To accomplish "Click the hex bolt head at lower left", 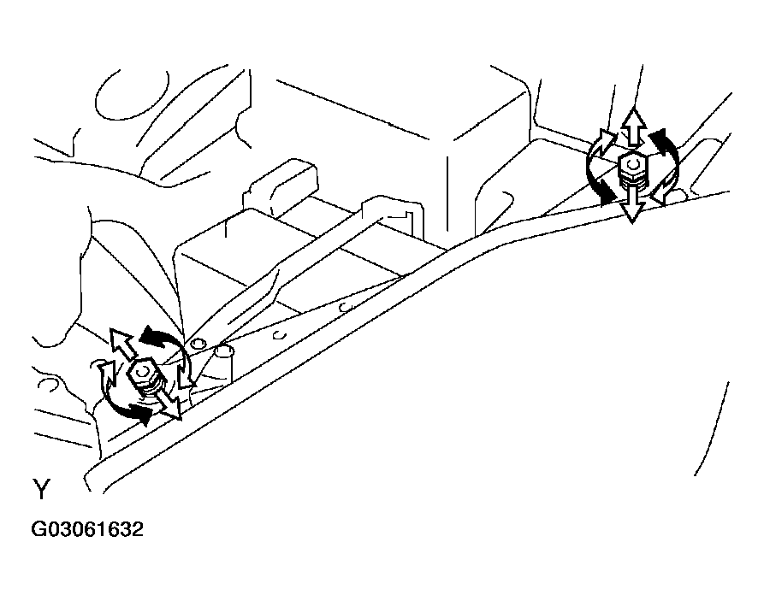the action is click(142, 373).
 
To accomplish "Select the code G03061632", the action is click(87, 529).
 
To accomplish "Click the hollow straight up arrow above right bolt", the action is click(633, 127).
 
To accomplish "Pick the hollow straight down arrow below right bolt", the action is click(632, 204).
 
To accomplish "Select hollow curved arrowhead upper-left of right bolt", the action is click(605, 138).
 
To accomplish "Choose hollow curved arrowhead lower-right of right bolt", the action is click(663, 192).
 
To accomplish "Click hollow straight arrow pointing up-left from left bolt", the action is click(121, 344).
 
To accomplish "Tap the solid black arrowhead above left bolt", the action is click(153, 337).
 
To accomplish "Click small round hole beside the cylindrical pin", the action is click(197, 345).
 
